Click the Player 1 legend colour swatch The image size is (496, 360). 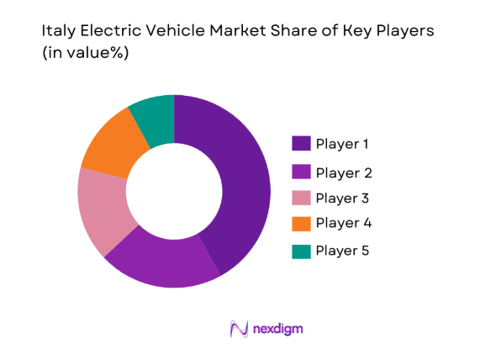[x=301, y=144]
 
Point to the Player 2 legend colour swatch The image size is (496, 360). [x=301, y=172]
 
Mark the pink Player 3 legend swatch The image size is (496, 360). [x=301, y=199]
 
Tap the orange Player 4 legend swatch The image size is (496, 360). [x=301, y=224]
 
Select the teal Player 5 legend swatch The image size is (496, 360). [x=301, y=251]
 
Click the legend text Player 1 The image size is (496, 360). [x=343, y=144]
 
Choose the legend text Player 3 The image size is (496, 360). [x=343, y=199]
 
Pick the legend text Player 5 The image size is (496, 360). [x=343, y=251]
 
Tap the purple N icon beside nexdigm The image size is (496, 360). [x=238, y=328]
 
